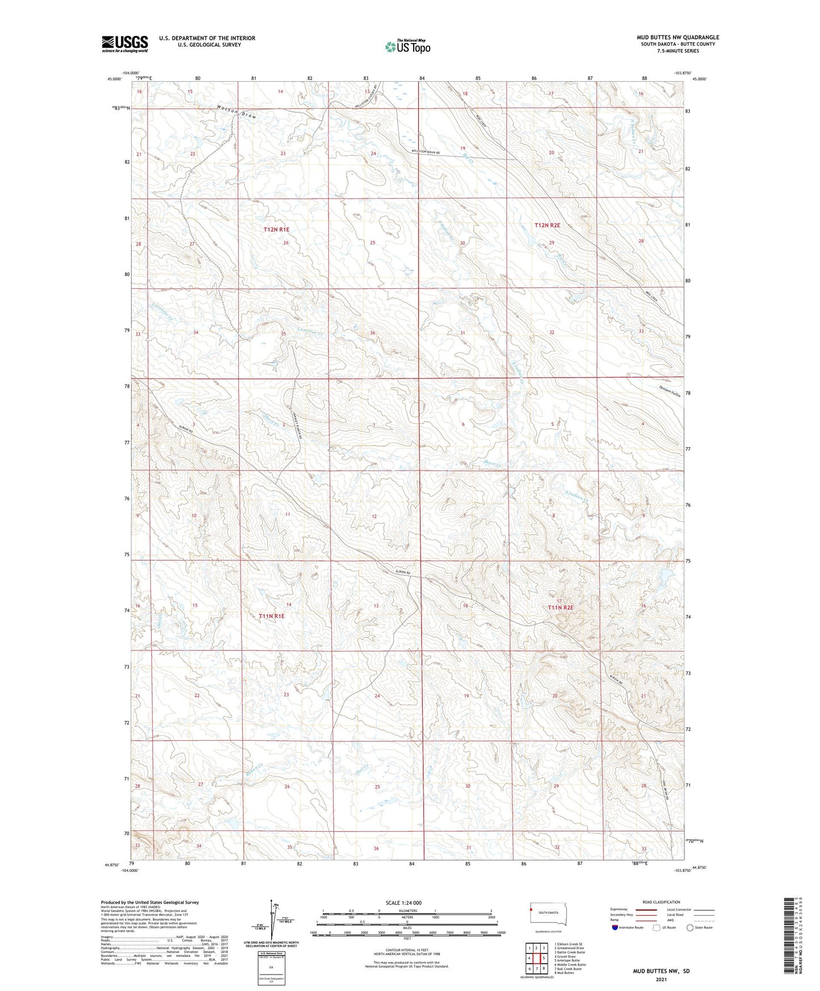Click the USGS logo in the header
tap(125, 44)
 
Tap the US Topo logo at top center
tap(407, 47)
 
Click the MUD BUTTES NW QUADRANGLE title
tap(678, 37)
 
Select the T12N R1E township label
tap(276, 229)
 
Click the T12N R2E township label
tap(547, 225)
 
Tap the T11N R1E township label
tap(271, 615)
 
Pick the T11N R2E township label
tap(561, 607)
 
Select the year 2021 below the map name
tap(661, 980)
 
